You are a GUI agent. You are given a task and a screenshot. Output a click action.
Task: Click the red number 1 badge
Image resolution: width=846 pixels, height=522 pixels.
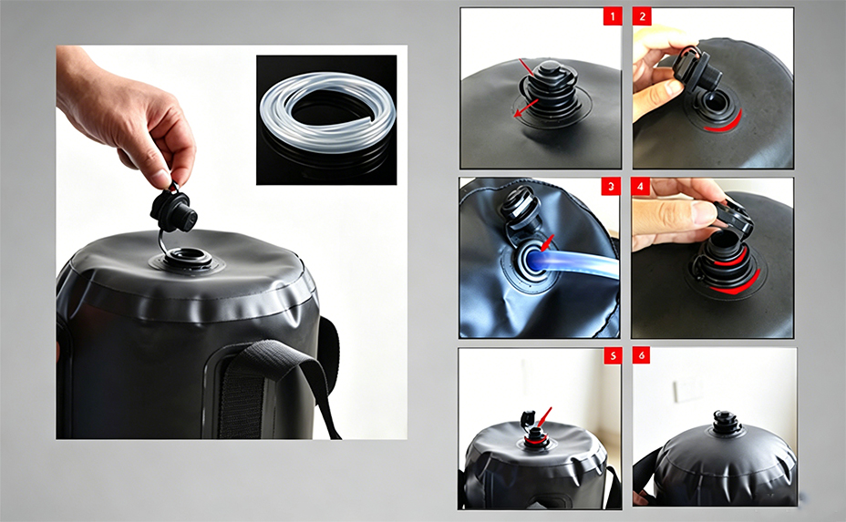(612, 16)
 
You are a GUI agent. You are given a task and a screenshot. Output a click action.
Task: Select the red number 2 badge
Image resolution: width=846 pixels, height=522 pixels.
(642, 16)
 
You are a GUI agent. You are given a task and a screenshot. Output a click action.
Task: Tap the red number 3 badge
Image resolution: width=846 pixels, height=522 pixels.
(611, 187)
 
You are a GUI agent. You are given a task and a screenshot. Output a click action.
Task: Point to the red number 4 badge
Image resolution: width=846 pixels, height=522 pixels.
(641, 187)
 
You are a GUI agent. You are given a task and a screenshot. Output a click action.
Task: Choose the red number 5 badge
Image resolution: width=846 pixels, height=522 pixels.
(613, 356)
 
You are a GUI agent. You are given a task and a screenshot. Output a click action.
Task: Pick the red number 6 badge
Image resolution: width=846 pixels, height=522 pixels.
(641, 355)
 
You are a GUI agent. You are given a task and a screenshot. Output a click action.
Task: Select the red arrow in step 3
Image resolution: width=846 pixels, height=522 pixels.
(547, 242)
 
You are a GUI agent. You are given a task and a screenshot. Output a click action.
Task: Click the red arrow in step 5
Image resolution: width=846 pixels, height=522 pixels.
(545, 417)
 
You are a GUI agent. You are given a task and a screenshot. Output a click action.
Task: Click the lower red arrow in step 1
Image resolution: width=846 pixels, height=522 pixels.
(525, 107)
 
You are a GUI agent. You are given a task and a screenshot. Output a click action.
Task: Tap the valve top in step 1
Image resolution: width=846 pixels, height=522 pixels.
(546, 69)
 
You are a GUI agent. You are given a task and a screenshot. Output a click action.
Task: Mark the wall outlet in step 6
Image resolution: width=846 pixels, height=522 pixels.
(688, 391)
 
